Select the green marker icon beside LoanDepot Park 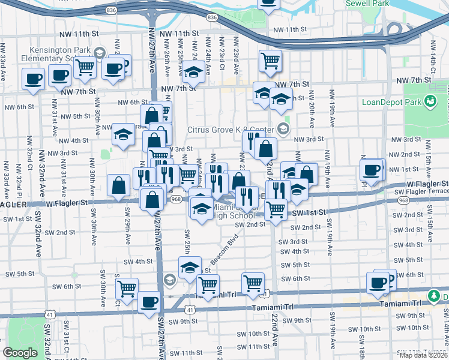point(430,101)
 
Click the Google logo point(20,353)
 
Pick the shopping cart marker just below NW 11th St point(271,60)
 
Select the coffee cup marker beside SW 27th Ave point(149,302)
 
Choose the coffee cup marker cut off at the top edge point(268,3)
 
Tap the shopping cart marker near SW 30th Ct point(127,289)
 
